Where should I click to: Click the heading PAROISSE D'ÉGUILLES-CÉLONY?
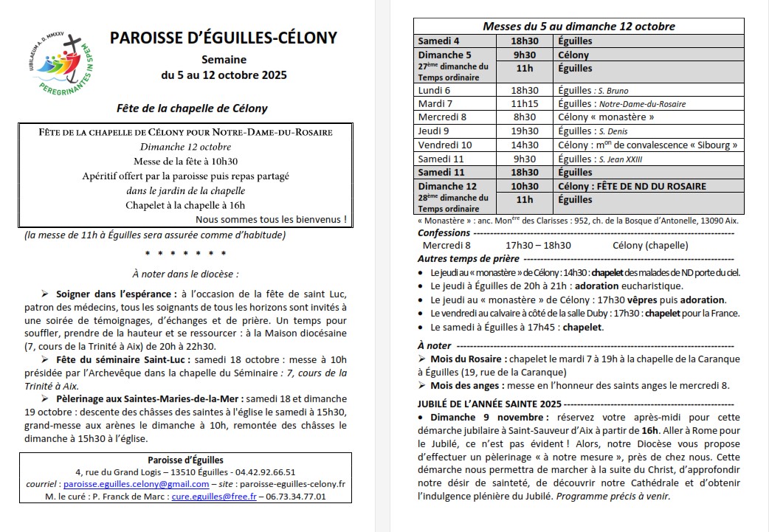pos(224,38)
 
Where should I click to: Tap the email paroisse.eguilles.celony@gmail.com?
pos(137,484)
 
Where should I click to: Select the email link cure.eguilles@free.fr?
pos(214,497)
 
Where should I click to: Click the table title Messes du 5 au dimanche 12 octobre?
pos(579,27)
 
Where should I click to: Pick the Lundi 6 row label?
pos(435,90)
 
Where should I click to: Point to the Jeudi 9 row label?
pos(434,131)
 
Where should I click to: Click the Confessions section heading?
pos(444,233)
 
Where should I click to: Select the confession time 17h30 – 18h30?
pos(538,245)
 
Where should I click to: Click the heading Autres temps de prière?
pos(468,258)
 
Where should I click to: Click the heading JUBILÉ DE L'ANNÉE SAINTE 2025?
pos(489,404)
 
